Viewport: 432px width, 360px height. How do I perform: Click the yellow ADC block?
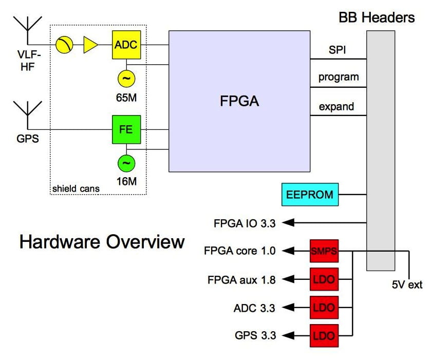(x=126, y=44)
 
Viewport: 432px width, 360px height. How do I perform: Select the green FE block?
(x=126, y=129)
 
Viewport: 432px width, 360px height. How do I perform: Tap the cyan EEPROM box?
(x=310, y=195)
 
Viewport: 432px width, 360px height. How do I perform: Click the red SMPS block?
(x=324, y=251)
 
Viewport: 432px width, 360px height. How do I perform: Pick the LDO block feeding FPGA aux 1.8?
(x=324, y=280)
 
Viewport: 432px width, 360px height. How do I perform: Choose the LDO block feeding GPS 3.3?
(x=324, y=336)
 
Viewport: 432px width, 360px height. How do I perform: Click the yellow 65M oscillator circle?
(x=126, y=79)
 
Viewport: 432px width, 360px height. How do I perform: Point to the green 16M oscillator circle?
(x=126, y=163)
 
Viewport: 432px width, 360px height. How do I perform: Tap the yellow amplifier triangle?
(x=90, y=45)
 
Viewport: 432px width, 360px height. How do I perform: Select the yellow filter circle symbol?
(x=64, y=45)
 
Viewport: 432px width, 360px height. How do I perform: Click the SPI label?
(x=338, y=51)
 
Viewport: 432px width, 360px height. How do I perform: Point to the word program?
(x=338, y=78)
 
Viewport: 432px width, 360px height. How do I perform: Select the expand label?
(x=336, y=107)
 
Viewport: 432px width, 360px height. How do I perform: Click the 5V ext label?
(x=406, y=285)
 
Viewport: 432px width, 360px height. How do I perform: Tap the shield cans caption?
(x=76, y=188)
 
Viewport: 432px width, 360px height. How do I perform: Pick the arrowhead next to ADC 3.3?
(x=290, y=308)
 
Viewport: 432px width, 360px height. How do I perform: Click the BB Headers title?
(x=376, y=17)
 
